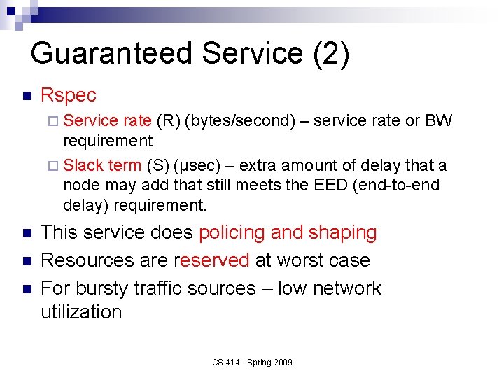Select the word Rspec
(x=69, y=95)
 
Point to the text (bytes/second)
(x=239, y=121)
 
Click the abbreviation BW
(x=439, y=121)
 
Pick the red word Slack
(x=83, y=166)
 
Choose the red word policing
(x=232, y=232)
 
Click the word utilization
(x=81, y=312)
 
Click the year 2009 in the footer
(x=283, y=362)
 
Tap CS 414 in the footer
(x=225, y=362)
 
